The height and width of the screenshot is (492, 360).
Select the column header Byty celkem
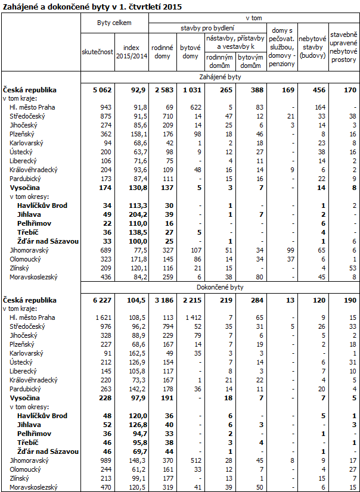(x=114, y=22)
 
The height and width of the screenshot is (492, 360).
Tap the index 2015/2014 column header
(x=131, y=52)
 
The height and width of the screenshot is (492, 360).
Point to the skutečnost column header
(x=97, y=52)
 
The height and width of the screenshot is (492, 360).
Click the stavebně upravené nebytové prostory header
(x=343, y=47)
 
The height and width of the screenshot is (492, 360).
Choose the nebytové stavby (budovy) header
(x=312, y=47)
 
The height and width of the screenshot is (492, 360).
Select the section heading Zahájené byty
(x=220, y=77)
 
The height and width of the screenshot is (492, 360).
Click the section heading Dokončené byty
(x=220, y=287)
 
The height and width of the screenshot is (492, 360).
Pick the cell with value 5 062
(x=102, y=90)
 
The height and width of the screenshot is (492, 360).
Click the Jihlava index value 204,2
(x=137, y=214)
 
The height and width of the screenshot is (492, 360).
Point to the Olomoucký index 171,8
(x=137, y=259)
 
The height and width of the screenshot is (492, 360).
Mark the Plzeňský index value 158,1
(x=137, y=135)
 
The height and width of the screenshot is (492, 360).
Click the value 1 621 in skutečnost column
(x=103, y=317)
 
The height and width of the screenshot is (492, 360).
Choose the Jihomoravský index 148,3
(x=137, y=460)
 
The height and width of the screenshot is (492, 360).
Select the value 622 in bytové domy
(x=195, y=107)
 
